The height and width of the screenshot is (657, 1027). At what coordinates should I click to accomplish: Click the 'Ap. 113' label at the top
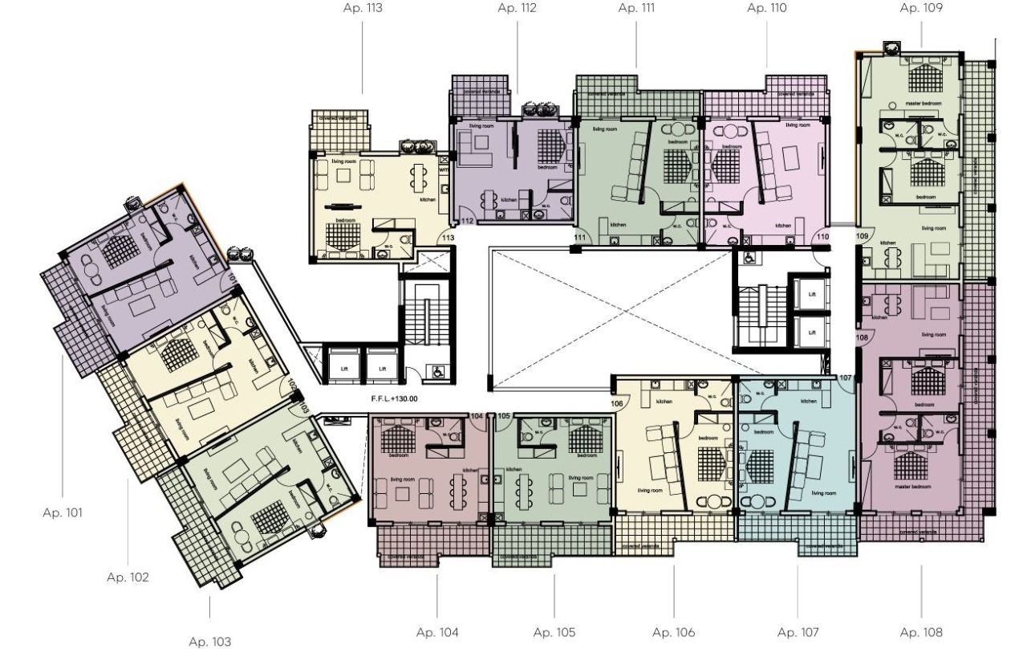362,10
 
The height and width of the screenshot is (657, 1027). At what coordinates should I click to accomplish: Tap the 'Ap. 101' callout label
63,512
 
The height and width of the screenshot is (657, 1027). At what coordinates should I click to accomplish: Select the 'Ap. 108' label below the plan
921,632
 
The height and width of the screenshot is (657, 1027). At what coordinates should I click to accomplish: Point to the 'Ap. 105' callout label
554,632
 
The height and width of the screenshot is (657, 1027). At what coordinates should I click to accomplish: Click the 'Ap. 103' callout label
209,642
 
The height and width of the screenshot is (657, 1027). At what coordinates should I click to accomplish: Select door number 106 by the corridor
617,403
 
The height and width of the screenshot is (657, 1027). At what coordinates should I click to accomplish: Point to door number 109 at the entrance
863,236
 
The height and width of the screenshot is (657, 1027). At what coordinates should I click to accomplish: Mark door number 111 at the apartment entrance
580,237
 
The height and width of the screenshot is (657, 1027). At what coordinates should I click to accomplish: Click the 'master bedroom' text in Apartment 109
922,103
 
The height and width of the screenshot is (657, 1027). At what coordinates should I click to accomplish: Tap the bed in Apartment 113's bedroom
343,236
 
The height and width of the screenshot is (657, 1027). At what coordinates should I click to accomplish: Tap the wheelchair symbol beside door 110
749,259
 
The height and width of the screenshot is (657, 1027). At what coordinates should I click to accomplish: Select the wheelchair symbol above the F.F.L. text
436,372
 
